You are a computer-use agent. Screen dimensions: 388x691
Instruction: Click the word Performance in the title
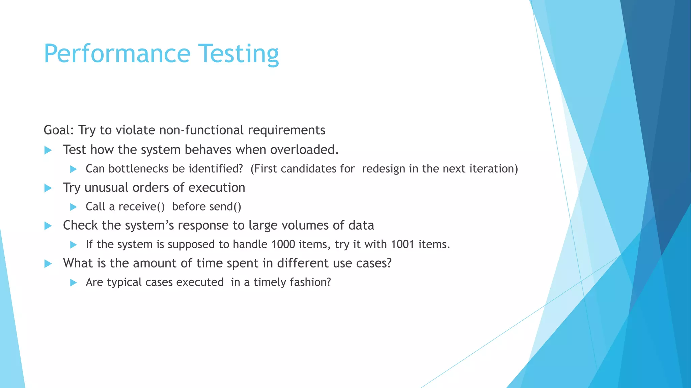[117, 54]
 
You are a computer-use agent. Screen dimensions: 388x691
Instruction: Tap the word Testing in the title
[238, 54]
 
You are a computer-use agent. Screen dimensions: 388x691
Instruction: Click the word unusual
[107, 188]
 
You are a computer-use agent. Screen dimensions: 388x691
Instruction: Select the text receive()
[141, 206]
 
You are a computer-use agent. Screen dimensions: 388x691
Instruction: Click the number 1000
[283, 244]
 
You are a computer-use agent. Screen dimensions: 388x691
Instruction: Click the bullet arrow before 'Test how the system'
[48, 150]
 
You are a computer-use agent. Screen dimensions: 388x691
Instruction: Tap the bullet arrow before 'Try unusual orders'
[48, 188]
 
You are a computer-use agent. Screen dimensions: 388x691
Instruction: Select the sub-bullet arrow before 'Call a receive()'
[74, 207]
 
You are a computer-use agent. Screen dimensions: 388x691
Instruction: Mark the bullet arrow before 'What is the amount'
[48, 264]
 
